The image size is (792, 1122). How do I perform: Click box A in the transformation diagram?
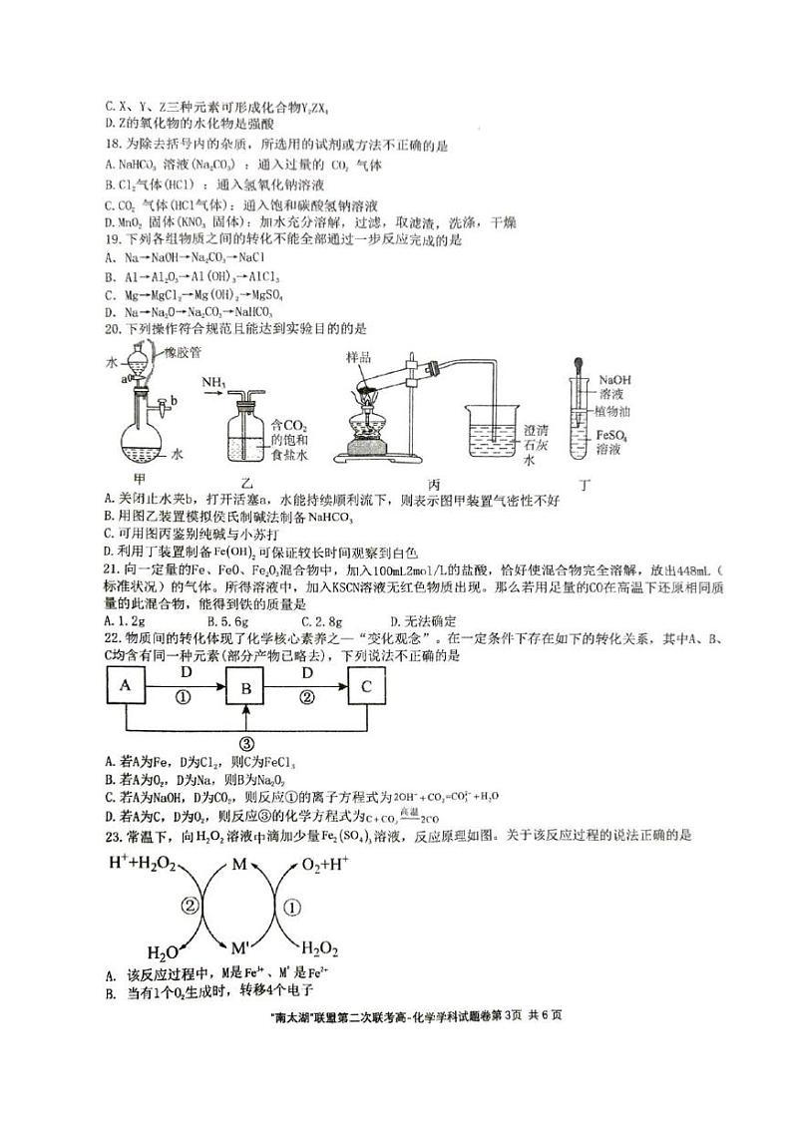coord(125,685)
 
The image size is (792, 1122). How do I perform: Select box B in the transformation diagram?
coord(246,685)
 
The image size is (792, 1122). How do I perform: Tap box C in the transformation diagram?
coord(367,685)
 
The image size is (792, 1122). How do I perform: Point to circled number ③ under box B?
coord(246,743)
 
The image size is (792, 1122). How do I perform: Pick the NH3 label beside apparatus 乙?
coord(212,384)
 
